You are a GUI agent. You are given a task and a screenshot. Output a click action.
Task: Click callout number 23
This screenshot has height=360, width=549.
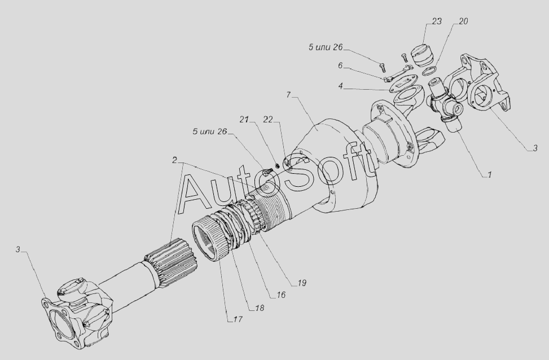click(x=437, y=21)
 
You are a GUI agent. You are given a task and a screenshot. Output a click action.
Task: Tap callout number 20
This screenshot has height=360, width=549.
click(x=463, y=21)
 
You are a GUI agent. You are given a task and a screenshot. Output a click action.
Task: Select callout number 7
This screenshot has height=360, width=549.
click(x=288, y=95)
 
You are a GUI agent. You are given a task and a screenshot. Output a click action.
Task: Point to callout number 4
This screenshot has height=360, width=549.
click(x=341, y=86)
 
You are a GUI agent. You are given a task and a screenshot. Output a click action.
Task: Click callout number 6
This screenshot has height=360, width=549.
click(x=340, y=65)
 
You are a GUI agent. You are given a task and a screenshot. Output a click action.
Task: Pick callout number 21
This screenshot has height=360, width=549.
click(x=244, y=120)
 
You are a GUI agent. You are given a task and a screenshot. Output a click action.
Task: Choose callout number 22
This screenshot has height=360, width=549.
click(x=268, y=120)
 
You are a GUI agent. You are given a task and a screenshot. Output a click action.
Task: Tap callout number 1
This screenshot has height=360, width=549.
click(x=490, y=174)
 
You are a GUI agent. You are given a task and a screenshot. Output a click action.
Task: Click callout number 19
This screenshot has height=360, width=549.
click(x=302, y=283)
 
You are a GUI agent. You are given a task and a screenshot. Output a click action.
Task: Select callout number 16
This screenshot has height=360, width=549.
click(x=281, y=295)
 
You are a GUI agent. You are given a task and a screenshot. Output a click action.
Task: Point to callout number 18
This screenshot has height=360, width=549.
click(x=260, y=308)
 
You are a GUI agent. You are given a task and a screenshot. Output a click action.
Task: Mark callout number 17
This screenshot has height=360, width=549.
click(x=238, y=319)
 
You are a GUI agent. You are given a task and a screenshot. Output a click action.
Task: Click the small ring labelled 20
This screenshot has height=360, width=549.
click(x=428, y=71)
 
